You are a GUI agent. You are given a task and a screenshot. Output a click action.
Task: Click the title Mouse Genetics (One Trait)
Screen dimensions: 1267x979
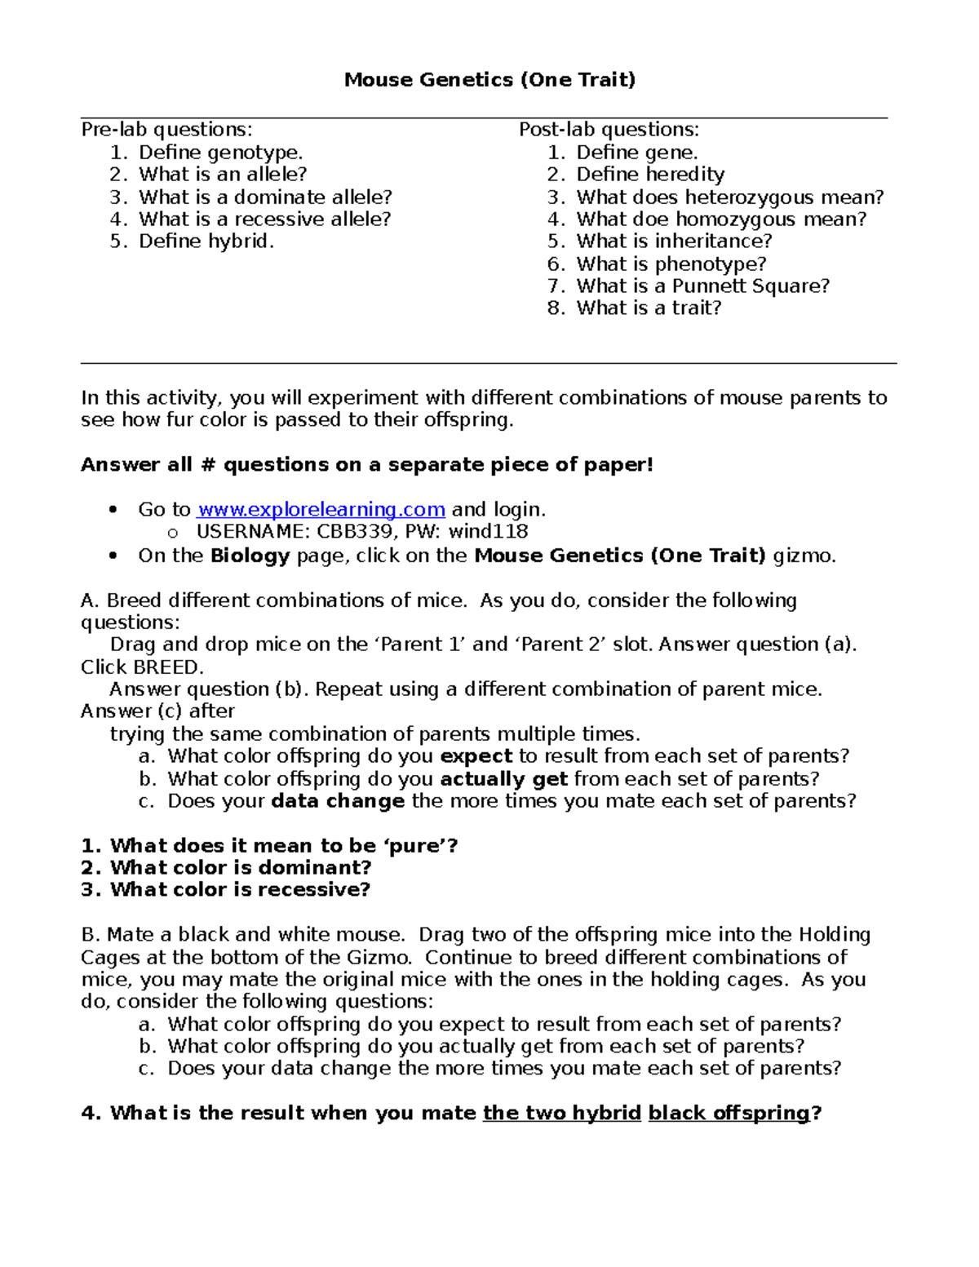tap(489, 79)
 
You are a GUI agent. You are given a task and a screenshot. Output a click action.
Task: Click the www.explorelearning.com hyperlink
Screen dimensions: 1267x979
tap(321, 509)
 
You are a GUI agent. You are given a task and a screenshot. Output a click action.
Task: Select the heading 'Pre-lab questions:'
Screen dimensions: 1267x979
tap(166, 130)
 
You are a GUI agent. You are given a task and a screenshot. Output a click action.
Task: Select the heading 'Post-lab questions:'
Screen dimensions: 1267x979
tap(609, 130)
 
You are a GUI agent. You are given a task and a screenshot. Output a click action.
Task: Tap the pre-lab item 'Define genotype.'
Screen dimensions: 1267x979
tap(220, 153)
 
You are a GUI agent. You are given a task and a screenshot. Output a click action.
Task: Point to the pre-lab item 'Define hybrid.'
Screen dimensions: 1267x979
tap(206, 241)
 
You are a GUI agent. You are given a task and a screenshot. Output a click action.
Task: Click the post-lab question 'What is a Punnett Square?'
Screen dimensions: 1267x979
tap(702, 286)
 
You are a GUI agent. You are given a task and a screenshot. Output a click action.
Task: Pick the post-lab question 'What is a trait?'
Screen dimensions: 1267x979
tap(649, 308)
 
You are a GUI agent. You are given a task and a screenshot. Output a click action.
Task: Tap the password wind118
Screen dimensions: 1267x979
tap(488, 532)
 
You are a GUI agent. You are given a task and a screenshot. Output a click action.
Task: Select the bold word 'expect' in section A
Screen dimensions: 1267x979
tap(476, 756)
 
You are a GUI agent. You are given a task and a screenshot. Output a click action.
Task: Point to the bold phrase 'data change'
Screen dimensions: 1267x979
tap(338, 801)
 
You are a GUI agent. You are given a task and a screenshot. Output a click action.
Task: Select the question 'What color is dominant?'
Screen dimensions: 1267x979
tap(241, 868)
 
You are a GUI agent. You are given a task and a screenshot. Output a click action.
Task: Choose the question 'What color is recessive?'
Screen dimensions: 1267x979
tap(240, 890)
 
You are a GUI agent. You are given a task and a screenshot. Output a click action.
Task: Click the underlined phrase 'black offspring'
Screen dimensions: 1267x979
tap(729, 1114)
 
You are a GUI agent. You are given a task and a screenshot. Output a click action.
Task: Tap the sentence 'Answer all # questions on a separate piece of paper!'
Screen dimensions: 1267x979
tap(367, 465)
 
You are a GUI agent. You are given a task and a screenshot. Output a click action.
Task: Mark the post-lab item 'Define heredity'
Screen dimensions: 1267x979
tap(650, 175)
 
